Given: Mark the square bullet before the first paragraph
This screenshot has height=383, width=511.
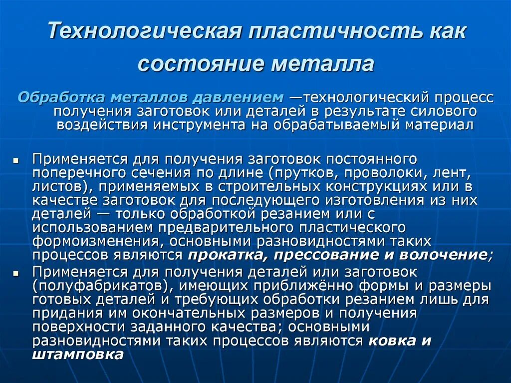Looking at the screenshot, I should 15,161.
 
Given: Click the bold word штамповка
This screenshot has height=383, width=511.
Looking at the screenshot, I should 77,355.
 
